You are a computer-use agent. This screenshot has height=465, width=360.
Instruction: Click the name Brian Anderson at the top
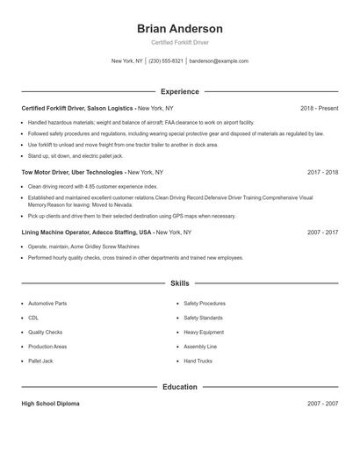pos(180,28)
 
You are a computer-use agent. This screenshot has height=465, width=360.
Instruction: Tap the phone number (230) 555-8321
pos(166,61)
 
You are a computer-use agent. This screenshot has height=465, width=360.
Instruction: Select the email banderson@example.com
pos(219,61)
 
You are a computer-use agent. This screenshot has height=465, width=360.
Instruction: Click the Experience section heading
pos(180,91)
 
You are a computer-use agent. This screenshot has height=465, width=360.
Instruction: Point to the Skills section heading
pos(180,284)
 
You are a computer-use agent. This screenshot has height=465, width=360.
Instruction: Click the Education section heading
pos(180,386)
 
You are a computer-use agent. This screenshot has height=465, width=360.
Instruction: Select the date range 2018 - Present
pos(319,109)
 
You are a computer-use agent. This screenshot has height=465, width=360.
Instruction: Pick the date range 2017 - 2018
pos(322,173)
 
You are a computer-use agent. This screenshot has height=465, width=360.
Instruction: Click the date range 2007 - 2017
pos(322,232)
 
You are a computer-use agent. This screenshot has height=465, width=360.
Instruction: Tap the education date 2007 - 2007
pos(322,404)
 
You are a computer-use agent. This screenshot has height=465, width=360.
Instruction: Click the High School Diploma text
pos(50,404)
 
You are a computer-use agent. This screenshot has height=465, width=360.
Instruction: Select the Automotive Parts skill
pos(47,303)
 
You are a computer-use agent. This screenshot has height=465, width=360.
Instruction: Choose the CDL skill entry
pos(33,318)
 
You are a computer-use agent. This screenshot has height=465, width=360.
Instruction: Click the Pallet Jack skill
pos(41,361)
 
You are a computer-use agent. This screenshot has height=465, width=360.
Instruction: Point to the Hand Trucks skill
pos(198,361)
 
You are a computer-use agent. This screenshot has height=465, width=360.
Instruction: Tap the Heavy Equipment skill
pos(203,333)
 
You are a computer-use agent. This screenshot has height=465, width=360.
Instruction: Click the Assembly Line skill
pos(200,347)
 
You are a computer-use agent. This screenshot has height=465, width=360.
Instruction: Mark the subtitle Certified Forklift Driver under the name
pos(180,42)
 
